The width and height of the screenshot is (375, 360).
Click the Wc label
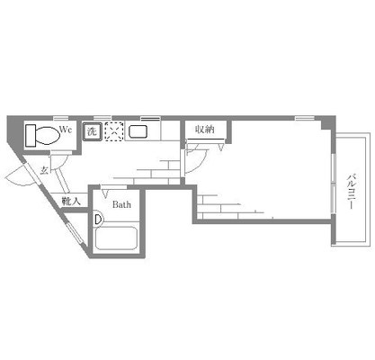tap(66, 130)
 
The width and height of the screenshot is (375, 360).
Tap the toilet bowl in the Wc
tap(48, 135)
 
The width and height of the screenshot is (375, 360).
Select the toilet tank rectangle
tap(31, 135)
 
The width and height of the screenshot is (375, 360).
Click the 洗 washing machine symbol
tap(93, 131)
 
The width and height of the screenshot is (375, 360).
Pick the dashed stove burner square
tap(114, 131)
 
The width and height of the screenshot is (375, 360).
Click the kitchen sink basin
tap(138, 131)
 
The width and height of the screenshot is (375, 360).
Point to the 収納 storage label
tap(205, 130)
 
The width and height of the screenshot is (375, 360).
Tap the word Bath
tap(121, 205)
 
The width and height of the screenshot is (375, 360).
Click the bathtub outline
tap(116, 238)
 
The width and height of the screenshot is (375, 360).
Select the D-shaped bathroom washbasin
tap(98, 220)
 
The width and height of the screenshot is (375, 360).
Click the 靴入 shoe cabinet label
tap(71, 201)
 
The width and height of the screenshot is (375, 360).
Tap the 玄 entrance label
tap(44, 170)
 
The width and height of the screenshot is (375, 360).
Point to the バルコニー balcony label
tap(351, 191)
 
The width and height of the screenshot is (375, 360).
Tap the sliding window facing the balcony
tap(333, 183)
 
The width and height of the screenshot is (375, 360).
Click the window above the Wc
tap(61, 118)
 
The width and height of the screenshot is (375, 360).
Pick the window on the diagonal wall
tap(74, 232)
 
